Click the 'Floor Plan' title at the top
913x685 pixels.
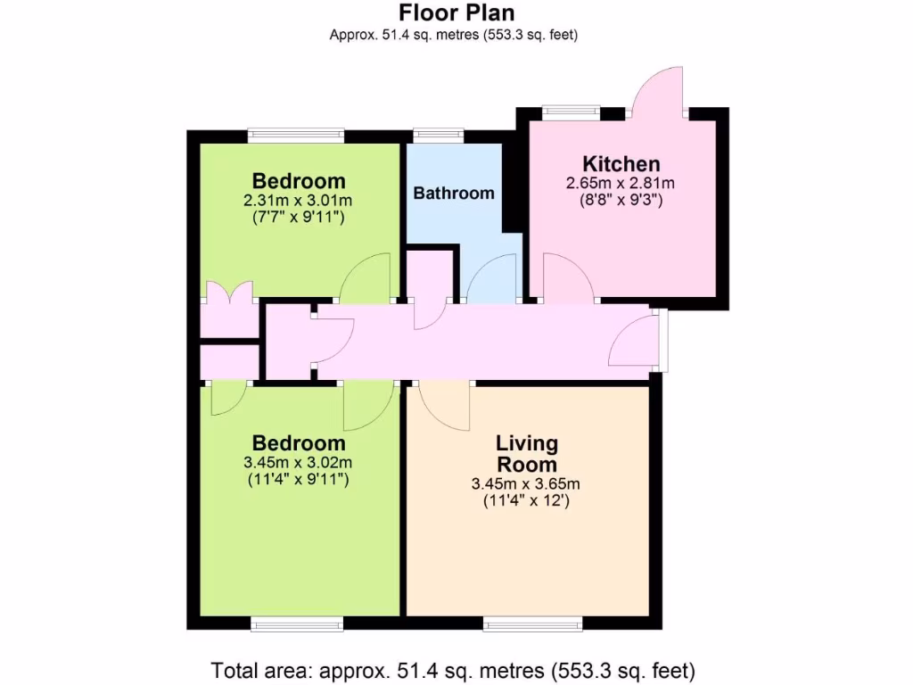click(x=456, y=12)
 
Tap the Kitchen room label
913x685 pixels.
click(x=621, y=164)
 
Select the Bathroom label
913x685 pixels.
click(x=453, y=193)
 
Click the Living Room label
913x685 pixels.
click(x=526, y=453)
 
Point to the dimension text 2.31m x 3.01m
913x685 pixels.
click(x=298, y=201)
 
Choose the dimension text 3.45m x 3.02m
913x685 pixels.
click(x=298, y=463)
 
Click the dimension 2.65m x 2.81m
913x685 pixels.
click(x=621, y=184)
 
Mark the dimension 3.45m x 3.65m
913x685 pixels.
click(x=526, y=484)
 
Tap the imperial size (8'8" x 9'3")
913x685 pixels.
click(x=621, y=201)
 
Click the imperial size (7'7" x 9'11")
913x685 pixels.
click(x=298, y=217)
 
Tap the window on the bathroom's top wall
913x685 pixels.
click(x=438, y=136)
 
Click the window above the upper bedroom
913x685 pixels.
click(x=296, y=136)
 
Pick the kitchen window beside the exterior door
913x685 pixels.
click(x=571, y=111)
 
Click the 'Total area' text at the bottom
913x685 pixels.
click(x=453, y=669)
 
